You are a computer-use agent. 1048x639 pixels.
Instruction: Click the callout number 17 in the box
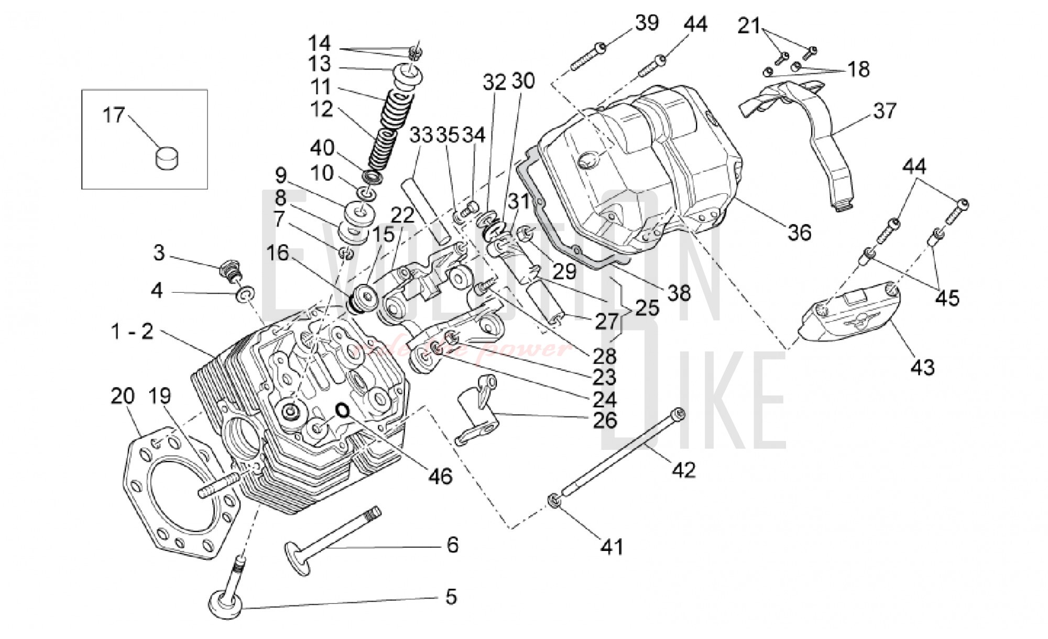point(114,115)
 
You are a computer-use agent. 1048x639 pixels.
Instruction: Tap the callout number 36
point(799,232)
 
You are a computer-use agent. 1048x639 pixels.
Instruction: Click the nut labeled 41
point(554,501)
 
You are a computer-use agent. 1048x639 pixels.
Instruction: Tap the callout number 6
point(452,545)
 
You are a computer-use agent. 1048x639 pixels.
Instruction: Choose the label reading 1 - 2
point(132,331)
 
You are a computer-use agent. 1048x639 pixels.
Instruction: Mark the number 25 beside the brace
point(647,307)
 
